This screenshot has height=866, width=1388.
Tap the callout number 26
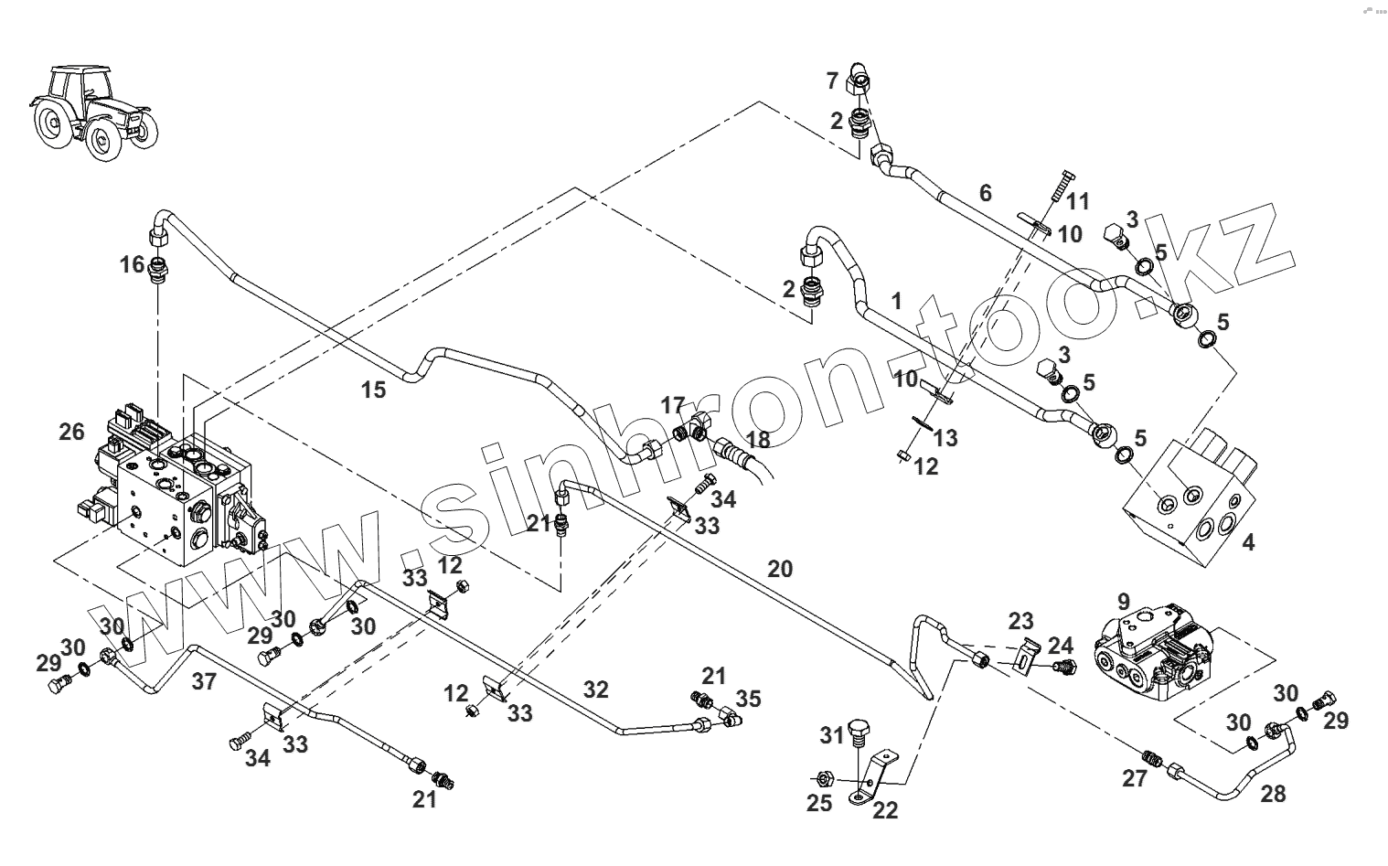coord(71,431)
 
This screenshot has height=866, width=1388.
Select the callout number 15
coord(373,390)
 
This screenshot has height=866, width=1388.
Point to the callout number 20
coord(779,569)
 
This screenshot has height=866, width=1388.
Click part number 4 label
coord(1248,542)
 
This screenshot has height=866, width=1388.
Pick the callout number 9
coord(1123,603)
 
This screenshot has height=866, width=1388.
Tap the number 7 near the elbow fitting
coord(832,81)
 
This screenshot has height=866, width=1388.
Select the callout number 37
coord(204,680)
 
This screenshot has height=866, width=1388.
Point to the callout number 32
coord(595,690)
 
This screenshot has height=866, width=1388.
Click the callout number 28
coord(1272,794)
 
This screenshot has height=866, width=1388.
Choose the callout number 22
coord(885,809)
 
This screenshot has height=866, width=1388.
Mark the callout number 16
coord(132,265)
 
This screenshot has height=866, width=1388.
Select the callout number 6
coord(985,193)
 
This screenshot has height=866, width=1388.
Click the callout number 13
coord(945,437)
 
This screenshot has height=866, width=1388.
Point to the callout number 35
coord(748,700)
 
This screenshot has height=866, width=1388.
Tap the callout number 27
coord(1134,778)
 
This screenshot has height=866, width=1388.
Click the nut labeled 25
coord(822,779)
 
